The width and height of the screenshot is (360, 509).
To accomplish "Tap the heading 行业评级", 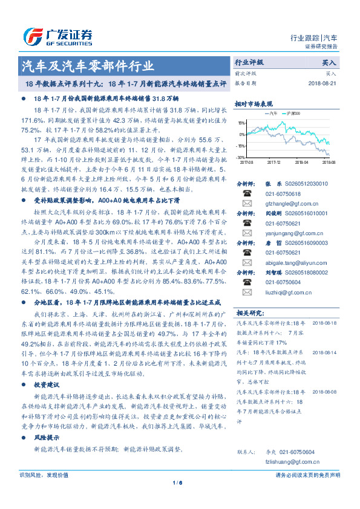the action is click(249, 62).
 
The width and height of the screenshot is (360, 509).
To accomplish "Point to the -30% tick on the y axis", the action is click(241, 157).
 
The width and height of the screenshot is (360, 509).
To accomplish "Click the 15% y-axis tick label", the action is click(241, 123).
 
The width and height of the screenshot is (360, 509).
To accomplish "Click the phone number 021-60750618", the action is click(275, 193).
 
